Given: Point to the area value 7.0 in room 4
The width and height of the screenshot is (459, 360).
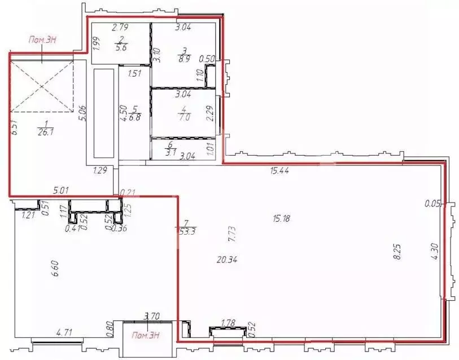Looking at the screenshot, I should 183,118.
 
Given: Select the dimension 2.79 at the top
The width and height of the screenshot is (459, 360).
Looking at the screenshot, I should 121,27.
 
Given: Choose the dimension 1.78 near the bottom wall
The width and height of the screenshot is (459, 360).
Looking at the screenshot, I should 228,323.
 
